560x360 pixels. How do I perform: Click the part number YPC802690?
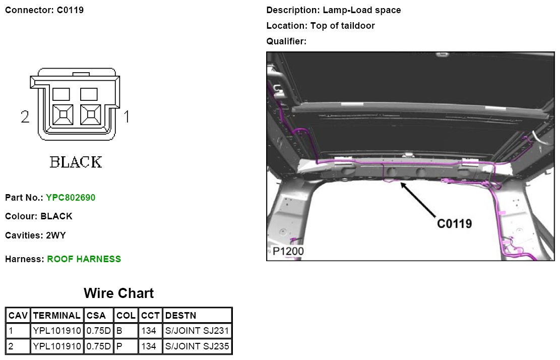coord(71,198)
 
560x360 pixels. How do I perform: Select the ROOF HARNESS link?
coord(84,259)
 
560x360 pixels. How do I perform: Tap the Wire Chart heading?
coord(118,293)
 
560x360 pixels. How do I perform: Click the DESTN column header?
coord(181,315)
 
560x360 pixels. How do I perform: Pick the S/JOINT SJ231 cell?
coord(197,331)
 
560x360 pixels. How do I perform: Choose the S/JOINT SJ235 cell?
coord(197,346)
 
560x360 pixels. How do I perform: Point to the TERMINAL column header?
coord(57,315)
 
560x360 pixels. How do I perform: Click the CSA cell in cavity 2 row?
coord(99,346)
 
